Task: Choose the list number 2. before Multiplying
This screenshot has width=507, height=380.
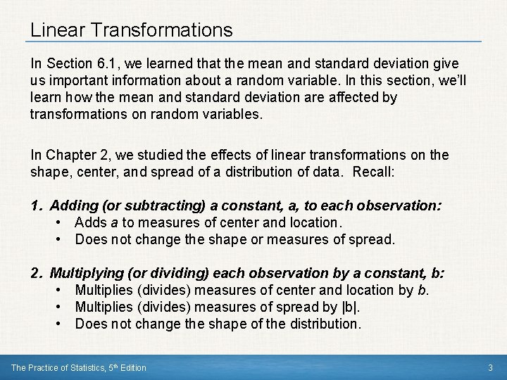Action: click(37, 273)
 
